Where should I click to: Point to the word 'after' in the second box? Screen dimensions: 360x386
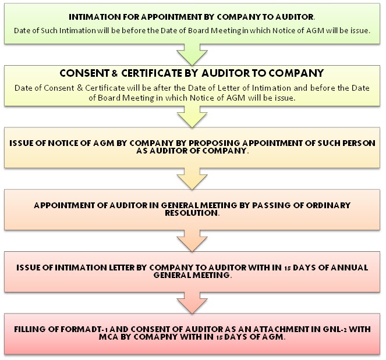171,87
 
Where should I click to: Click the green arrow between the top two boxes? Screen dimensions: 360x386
193,54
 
